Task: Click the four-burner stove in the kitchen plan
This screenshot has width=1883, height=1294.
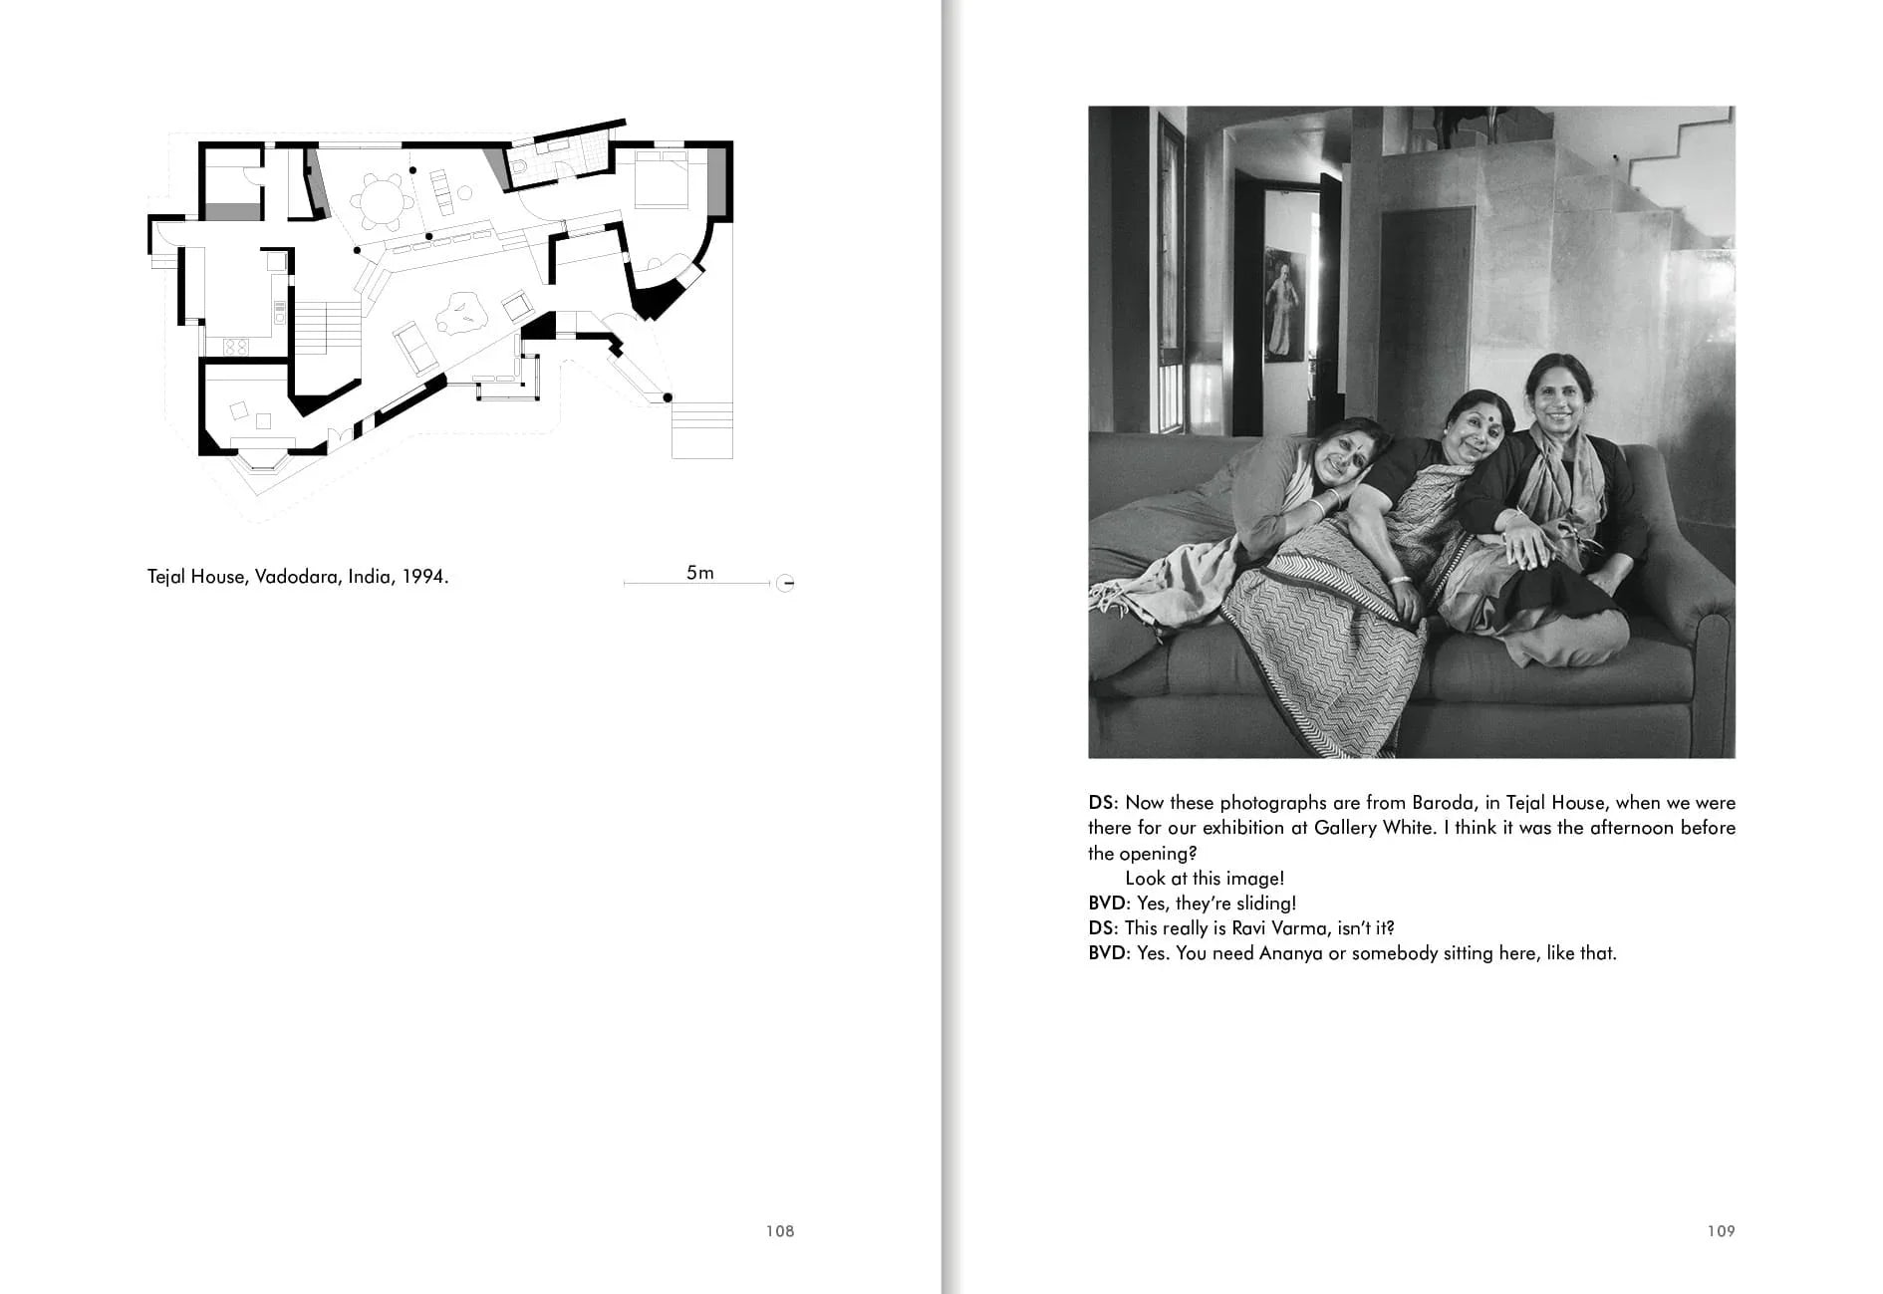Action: [236, 347]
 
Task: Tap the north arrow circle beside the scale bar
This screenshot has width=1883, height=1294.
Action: [785, 583]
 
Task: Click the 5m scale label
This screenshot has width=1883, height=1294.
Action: [699, 573]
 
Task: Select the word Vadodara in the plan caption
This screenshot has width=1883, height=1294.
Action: [296, 577]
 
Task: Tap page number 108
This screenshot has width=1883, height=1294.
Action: [779, 1231]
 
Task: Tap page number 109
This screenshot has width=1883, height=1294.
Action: [1721, 1231]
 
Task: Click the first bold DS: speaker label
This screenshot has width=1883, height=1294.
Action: [1103, 803]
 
